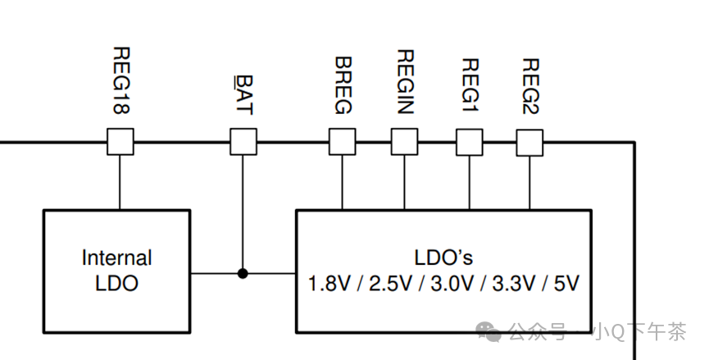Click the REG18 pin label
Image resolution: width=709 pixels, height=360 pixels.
click(x=120, y=81)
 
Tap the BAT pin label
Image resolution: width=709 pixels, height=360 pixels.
click(x=243, y=96)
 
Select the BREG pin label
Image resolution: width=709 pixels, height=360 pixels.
click(x=343, y=86)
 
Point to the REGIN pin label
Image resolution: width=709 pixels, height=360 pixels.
click(x=404, y=81)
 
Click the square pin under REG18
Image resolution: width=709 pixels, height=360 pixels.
click(x=120, y=142)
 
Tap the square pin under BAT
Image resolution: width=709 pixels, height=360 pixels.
click(x=243, y=142)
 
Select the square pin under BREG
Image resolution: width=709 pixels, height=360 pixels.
click(x=343, y=142)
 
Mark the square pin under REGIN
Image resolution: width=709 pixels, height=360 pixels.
click(x=404, y=142)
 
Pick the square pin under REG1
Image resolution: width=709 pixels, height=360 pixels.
click(x=470, y=142)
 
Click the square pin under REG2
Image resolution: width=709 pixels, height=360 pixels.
click(x=529, y=142)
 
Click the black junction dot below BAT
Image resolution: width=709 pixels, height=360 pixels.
click(x=243, y=272)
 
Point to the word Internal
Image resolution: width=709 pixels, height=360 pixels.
click(x=116, y=257)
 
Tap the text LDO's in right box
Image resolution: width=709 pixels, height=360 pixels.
click(x=443, y=257)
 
